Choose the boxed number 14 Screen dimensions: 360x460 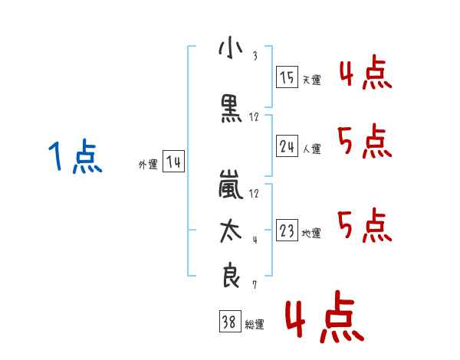coord(173,162)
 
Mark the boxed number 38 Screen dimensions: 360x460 coord(228,323)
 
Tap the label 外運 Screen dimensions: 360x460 coord(147,165)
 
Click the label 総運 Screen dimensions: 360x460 coord(254,326)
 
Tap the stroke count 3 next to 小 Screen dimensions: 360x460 coord(254,56)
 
